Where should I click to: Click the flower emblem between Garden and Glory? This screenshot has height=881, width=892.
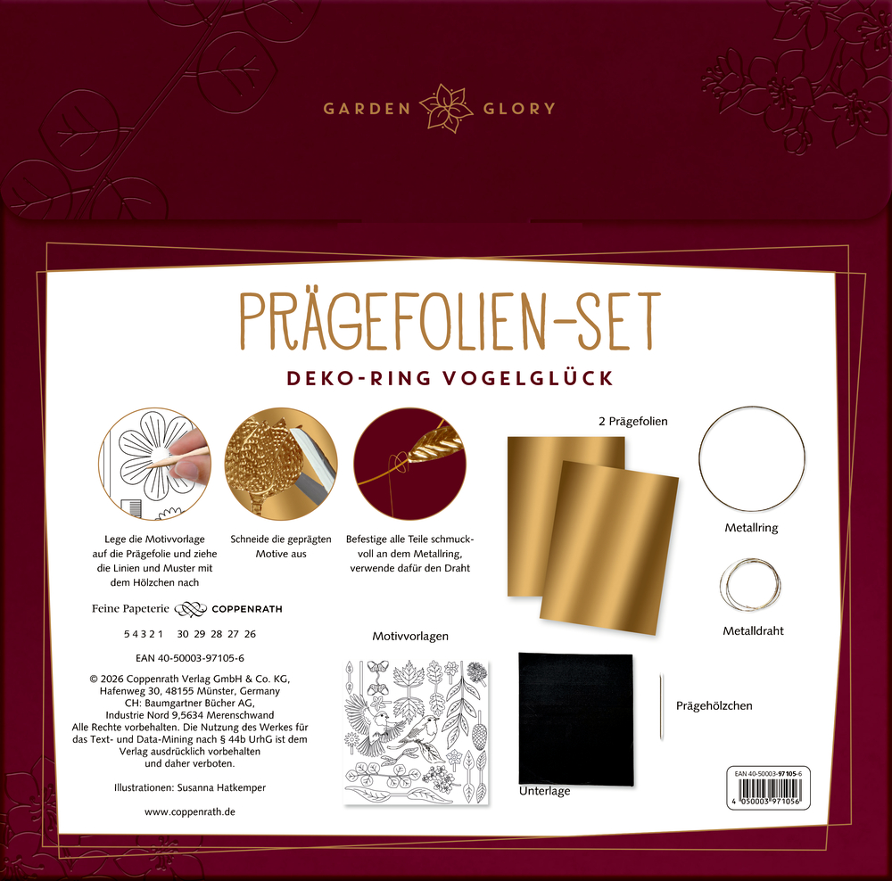pyautogui.click(x=447, y=108)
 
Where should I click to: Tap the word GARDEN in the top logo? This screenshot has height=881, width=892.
pyautogui.click(x=367, y=109)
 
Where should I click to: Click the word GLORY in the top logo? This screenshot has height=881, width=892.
pyautogui.click(x=519, y=109)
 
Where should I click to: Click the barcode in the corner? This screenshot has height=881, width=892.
pyautogui.click(x=768, y=787)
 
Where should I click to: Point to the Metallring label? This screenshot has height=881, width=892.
pyautogui.click(x=751, y=528)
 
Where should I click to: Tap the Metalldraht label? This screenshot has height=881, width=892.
pyautogui.click(x=753, y=630)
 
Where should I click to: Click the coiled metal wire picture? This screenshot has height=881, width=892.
pyautogui.click(x=750, y=585)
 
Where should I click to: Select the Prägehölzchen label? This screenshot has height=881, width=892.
pyautogui.click(x=714, y=706)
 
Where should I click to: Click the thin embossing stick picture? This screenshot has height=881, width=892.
pyautogui.click(x=662, y=707)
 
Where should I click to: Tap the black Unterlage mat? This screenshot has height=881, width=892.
pyautogui.click(x=575, y=719)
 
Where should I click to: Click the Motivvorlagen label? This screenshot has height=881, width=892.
pyautogui.click(x=410, y=637)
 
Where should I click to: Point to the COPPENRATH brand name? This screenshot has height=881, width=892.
pyautogui.click(x=247, y=609)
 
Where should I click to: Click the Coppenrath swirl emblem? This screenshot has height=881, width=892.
pyautogui.click(x=190, y=609)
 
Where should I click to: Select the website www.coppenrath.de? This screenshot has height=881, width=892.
pyautogui.click(x=189, y=811)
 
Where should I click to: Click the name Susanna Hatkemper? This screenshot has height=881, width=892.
pyautogui.click(x=221, y=787)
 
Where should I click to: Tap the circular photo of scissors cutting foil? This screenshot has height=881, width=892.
pyautogui.click(x=281, y=464)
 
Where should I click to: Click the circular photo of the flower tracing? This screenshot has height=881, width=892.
pyautogui.click(x=154, y=464)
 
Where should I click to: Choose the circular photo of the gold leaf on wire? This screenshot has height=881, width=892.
pyautogui.click(x=409, y=464)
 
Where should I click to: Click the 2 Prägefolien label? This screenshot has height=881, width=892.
pyautogui.click(x=633, y=422)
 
